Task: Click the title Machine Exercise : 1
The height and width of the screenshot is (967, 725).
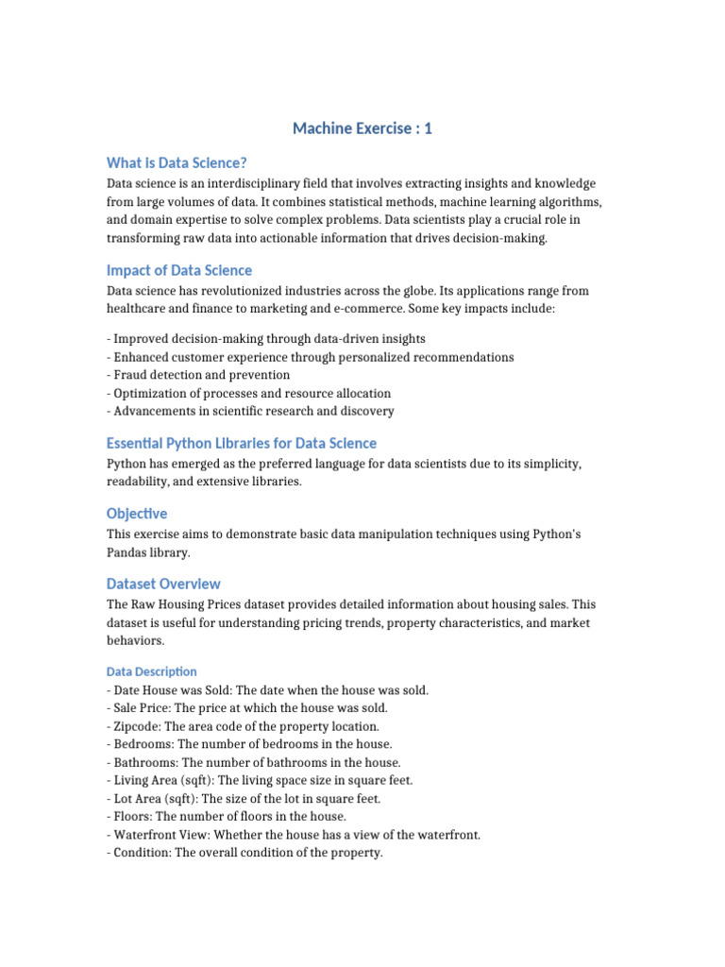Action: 362,128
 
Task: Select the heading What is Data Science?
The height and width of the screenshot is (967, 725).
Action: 177,162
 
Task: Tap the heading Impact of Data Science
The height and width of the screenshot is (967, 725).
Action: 179,270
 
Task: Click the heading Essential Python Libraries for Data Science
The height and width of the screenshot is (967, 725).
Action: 242,443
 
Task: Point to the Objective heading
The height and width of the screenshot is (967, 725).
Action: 137,514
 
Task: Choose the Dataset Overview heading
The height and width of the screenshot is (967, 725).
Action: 164,584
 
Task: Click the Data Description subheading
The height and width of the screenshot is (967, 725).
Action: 152,671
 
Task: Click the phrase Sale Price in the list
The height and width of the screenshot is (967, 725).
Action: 143,708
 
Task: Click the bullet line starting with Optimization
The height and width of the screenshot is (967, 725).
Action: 252,393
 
